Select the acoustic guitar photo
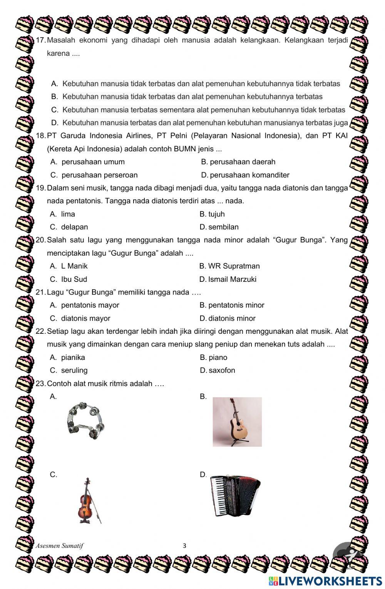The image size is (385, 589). [237, 422]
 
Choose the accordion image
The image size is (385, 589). [235, 496]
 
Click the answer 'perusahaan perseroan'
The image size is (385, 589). [99, 175]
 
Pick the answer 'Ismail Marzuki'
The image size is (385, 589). [232, 279]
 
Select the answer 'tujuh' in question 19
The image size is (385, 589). [216, 214]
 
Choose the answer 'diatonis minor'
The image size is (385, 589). [232, 318]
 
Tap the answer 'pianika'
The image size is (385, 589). [73, 357]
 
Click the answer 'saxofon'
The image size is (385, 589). [222, 370]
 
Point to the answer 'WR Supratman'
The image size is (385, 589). [234, 266]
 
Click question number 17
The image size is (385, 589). [40, 40]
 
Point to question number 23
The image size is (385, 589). [40, 383]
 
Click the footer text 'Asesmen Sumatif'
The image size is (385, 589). [59, 545]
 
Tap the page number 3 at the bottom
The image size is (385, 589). [184, 545]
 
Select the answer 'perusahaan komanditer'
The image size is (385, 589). [249, 175]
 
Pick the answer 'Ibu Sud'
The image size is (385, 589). [74, 279]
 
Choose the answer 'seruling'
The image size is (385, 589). [74, 370]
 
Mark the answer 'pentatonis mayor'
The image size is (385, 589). [90, 305]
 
